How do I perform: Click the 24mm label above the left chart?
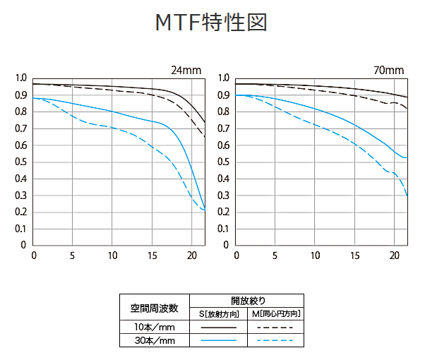(186, 71)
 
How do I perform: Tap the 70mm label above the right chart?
(389, 71)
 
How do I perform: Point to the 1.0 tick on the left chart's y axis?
(20, 78)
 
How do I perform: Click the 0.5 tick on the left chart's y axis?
(20, 162)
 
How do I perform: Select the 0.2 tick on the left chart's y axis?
(20, 212)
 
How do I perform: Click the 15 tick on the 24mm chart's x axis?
(152, 255)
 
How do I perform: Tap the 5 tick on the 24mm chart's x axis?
(73, 255)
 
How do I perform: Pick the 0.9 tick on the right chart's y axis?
(222, 95)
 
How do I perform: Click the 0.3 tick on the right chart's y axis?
(222, 196)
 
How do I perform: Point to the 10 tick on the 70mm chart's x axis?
(316, 255)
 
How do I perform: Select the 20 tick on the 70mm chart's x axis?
(395, 255)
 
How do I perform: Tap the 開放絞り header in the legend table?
(247, 300)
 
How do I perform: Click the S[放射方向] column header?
(217, 313)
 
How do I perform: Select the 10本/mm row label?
(153, 327)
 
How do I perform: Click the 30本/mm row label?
(153, 340)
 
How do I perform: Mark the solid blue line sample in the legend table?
(217, 340)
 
